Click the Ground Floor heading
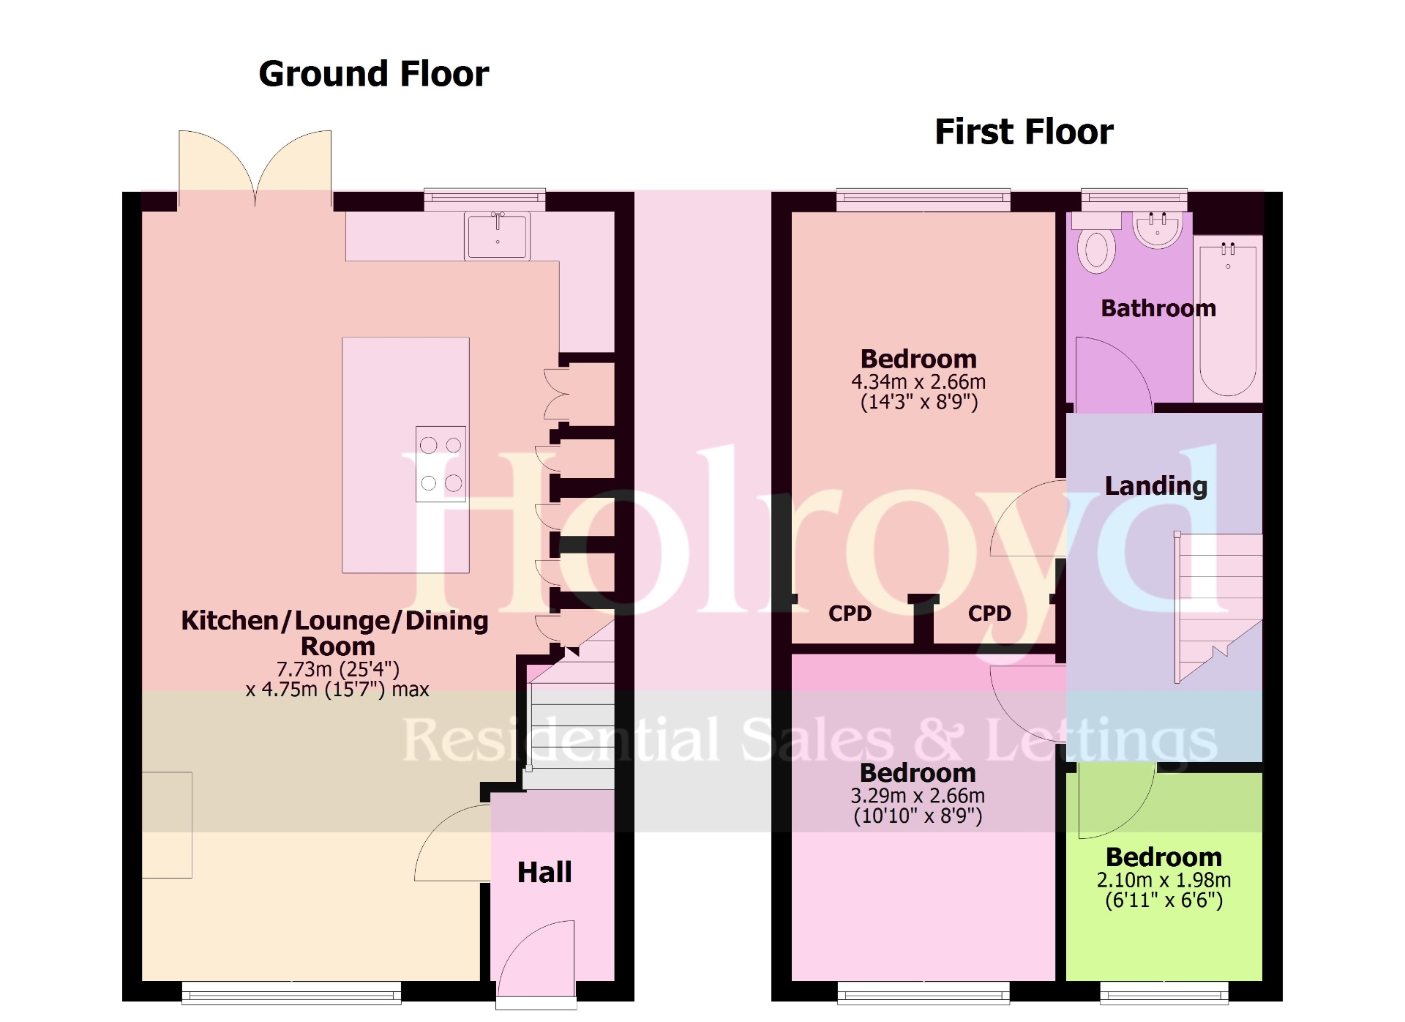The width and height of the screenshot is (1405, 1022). coord(373,74)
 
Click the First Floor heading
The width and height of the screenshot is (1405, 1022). coord(1023,132)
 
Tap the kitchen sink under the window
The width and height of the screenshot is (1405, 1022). coord(497,236)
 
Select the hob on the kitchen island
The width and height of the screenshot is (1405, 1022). coord(441,463)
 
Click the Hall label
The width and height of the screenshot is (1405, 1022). coord(544,872)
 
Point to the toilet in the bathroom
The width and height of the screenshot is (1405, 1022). coord(1096,249)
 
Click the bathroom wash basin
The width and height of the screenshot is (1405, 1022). coord(1157,229)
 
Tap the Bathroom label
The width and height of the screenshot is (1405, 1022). coord(1158,308)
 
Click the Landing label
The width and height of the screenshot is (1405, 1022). coord(1155,485)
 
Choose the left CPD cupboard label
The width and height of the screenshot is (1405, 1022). coord(850,613)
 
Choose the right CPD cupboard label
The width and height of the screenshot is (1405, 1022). coord(989,613)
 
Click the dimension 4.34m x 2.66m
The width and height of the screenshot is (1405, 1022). coord(918,381)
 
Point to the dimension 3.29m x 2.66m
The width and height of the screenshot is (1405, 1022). coord(918,796)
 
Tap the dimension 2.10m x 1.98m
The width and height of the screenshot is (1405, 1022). coord(1164,880)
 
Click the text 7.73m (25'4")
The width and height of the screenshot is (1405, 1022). coord(337,668)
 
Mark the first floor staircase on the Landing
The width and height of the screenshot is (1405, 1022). coord(1218,608)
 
